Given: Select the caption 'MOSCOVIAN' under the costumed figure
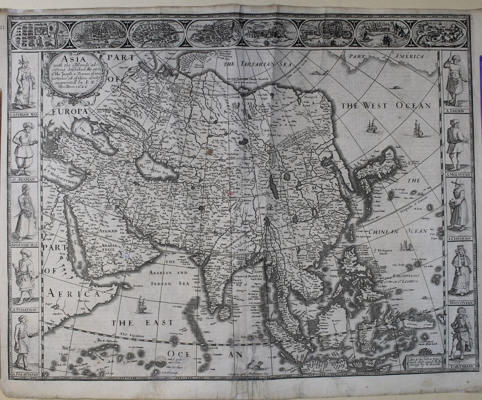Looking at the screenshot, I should [x=458, y=302].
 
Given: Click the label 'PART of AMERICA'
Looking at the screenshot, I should [x=386, y=57].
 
